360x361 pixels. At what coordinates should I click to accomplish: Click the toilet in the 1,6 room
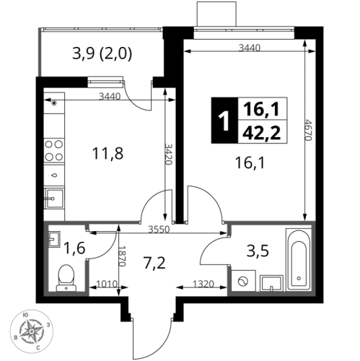66,278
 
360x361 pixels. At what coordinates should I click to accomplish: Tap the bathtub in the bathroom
299,260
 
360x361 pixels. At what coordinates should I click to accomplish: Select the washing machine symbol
243,281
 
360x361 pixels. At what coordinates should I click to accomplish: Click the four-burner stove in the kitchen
54,150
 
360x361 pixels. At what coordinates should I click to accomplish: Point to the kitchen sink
54,199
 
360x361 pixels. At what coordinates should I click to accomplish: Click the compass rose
32,331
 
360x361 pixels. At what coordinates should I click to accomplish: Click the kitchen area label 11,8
107,154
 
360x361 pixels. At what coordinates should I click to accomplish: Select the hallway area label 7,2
154,262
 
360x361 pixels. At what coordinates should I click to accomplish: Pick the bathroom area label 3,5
258,251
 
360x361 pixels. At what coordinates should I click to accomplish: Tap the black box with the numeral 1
224,121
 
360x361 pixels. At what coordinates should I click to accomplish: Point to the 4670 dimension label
308,130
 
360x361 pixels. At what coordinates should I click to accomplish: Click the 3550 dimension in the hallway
159,230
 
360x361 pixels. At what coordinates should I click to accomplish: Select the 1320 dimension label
203,284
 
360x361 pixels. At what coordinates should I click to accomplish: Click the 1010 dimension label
107,284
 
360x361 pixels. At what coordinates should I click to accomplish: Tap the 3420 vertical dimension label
169,154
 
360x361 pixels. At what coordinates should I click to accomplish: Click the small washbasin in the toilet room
54,239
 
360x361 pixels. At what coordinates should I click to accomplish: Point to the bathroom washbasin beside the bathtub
271,283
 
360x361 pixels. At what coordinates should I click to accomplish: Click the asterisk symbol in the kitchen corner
54,103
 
